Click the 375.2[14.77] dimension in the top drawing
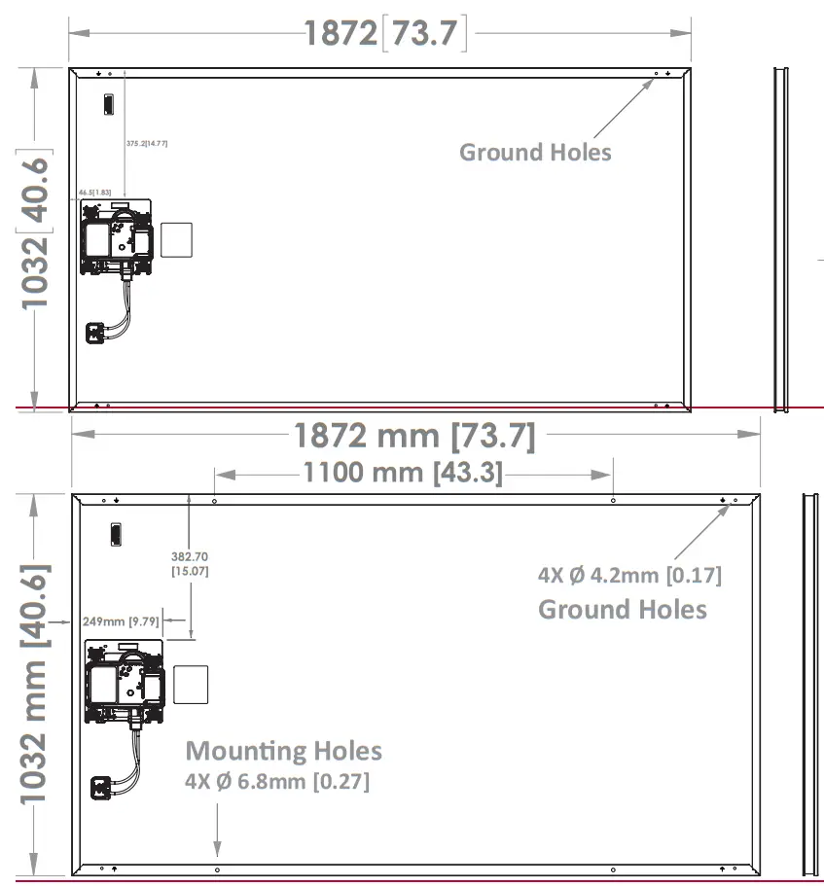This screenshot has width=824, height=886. click(147, 144)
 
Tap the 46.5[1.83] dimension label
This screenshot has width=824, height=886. click(95, 193)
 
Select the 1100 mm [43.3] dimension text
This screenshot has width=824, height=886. click(403, 474)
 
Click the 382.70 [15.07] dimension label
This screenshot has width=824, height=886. click(190, 564)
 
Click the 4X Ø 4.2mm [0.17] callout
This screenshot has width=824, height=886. click(629, 575)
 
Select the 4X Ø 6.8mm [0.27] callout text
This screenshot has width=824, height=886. click(277, 781)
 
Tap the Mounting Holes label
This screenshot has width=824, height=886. click(283, 751)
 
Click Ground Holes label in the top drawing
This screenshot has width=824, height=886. click(535, 152)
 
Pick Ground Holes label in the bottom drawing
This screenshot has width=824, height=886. click(623, 610)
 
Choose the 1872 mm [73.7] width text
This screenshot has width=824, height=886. click(414, 436)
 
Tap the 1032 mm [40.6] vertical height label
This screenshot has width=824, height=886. click(35, 689)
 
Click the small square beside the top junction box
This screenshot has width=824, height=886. click(176, 240)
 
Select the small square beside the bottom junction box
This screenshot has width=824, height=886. click(190, 686)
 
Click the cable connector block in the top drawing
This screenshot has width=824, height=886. click(97, 333)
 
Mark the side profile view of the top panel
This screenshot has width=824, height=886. click(780, 238)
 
